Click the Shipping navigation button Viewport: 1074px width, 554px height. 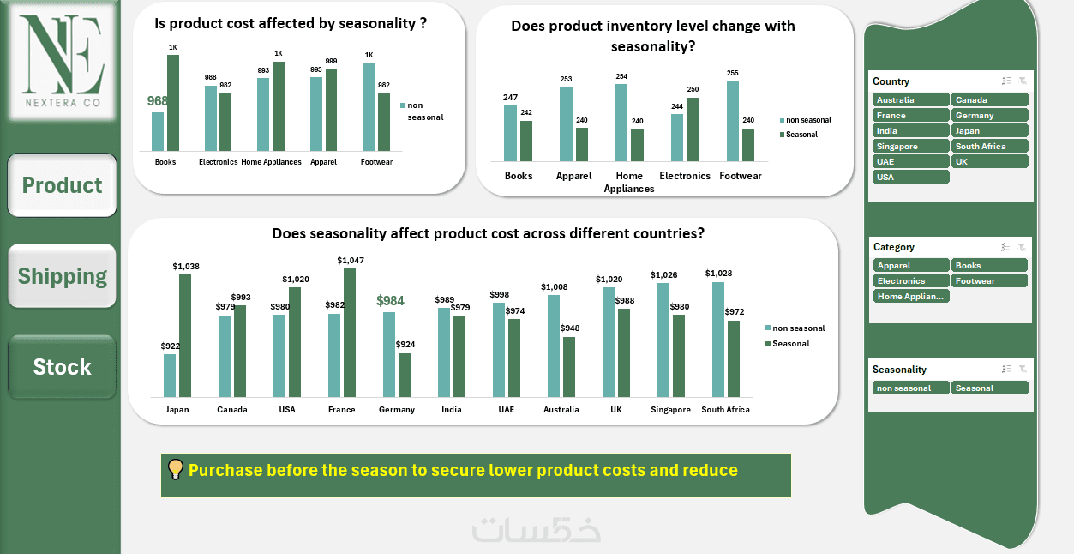pyautogui.click(x=63, y=276)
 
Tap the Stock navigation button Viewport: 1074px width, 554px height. pyautogui.click(x=62, y=367)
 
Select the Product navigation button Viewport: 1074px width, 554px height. pyautogui.click(x=63, y=185)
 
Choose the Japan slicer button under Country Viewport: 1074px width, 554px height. pyautogui.click(x=989, y=131)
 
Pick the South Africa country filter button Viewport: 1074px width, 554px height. pyautogui.click(x=989, y=147)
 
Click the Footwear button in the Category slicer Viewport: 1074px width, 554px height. pyautogui.click(x=989, y=281)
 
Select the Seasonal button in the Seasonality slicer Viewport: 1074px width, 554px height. pyautogui.click(x=989, y=388)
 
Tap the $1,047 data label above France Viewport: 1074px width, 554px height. pyautogui.click(x=350, y=261)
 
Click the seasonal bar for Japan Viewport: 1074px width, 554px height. pyautogui.click(x=185, y=335)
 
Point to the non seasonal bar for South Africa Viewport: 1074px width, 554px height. pyautogui.click(x=717, y=340)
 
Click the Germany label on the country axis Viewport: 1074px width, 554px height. pyautogui.click(x=397, y=410)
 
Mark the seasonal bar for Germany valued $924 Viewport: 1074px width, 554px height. pyautogui.click(x=405, y=375)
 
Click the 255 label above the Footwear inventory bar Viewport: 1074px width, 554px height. pyautogui.click(x=732, y=74)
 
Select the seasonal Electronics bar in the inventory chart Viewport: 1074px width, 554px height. pyautogui.click(x=693, y=129)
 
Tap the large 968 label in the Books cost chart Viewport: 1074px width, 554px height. pyautogui.click(x=158, y=101)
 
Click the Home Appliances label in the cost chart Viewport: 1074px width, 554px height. pyautogui.click(x=272, y=162)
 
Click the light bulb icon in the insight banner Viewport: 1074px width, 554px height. pyautogui.click(x=175, y=469)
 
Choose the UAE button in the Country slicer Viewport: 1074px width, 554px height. pyautogui.click(x=910, y=162)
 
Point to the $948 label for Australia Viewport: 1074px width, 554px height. pyautogui.click(x=569, y=328)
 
